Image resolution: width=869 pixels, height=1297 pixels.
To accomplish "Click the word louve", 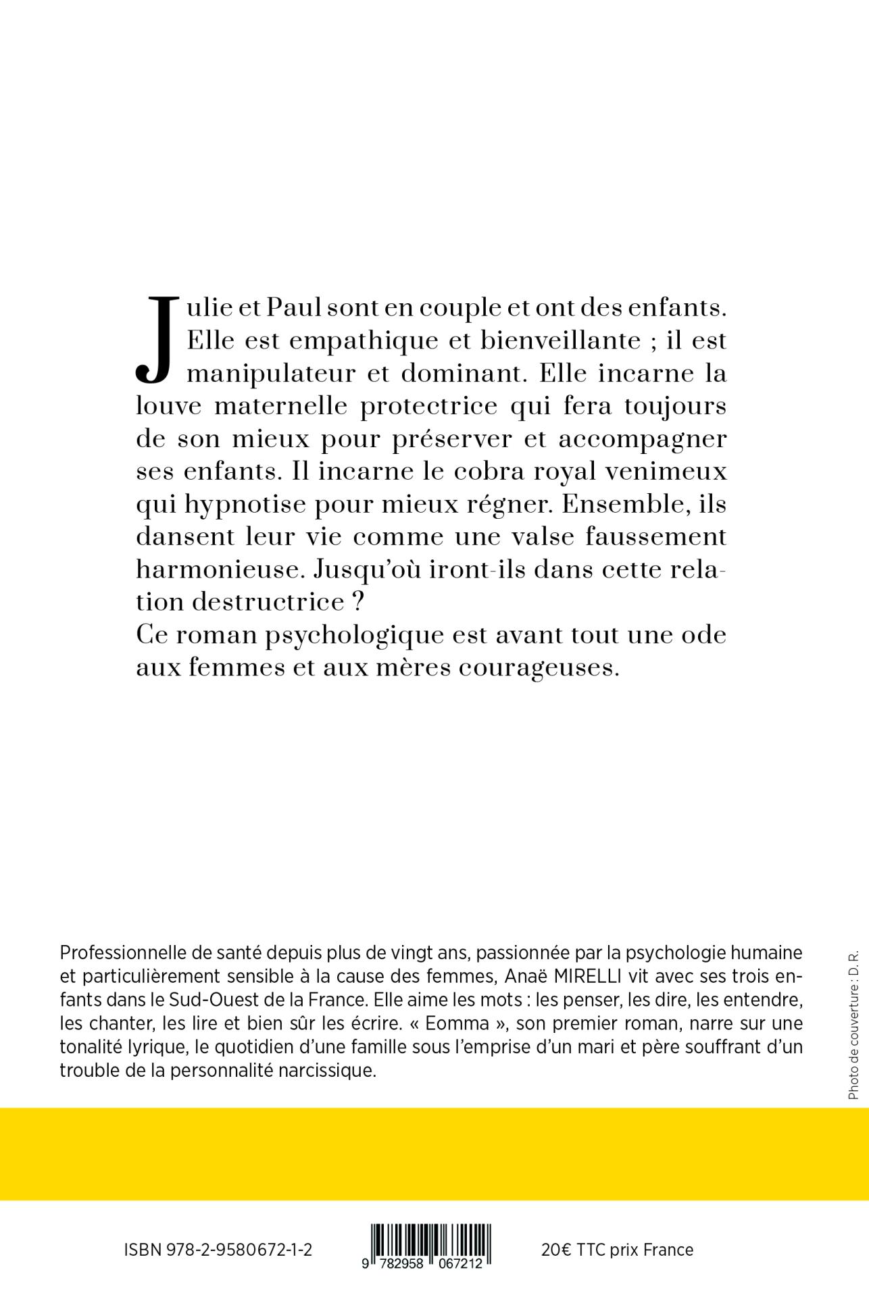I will [168, 407].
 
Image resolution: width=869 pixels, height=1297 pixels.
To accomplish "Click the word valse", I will [558, 537].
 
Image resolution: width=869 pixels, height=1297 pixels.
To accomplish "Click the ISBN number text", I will [218, 1250].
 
